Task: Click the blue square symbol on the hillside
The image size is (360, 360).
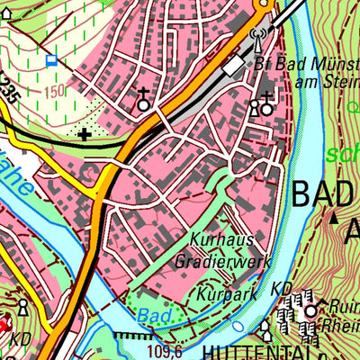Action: (x=51, y=61)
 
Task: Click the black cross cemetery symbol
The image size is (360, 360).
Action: (x=85, y=135)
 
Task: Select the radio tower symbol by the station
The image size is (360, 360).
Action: (x=256, y=39)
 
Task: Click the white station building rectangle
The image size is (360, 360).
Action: (x=235, y=66)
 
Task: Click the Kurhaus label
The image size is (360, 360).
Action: (x=221, y=240)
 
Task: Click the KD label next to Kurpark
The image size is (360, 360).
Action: (x=280, y=290)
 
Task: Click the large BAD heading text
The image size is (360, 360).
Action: (x=325, y=192)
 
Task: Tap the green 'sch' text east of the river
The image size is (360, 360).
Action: (x=342, y=152)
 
